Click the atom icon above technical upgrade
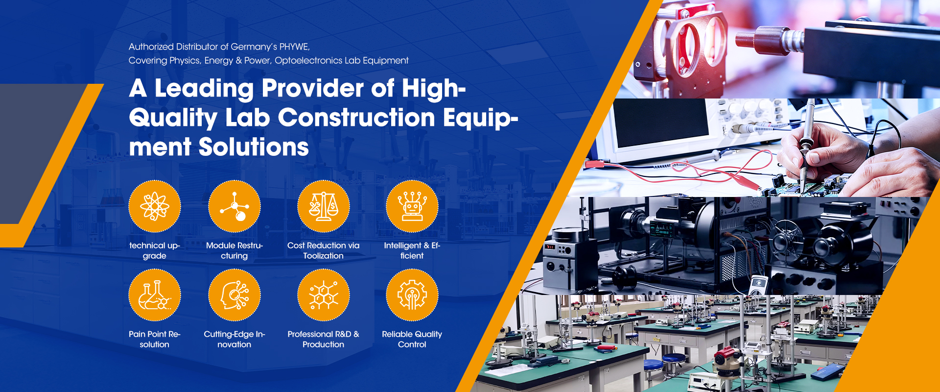[155, 206]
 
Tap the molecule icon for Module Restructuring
[235, 206]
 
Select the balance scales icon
[324, 206]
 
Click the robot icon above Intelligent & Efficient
[412, 206]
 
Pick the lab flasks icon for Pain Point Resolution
[155, 295]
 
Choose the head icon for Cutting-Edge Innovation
[235, 295]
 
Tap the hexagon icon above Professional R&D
[324, 295]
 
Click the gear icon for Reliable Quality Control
[412, 295]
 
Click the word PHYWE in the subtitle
[294, 47]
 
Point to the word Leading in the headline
[204, 89]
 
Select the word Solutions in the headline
[254, 147]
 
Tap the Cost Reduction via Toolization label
[324, 250]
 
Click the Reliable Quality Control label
[412, 339]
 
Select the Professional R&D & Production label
[324, 339]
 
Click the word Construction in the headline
[357, 118]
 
